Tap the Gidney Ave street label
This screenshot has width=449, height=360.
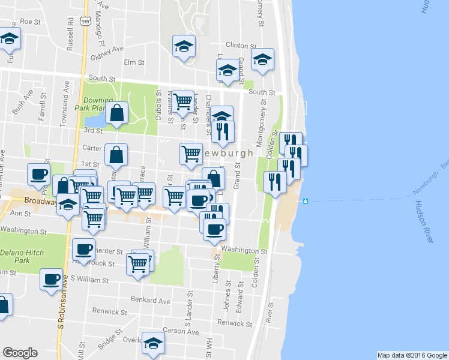(106, 49)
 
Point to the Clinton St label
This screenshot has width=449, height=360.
(241, 45)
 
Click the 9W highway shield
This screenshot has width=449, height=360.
(86, 21)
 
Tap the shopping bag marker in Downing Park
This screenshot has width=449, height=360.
(118, 112)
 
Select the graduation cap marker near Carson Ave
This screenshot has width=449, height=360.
(152, 343)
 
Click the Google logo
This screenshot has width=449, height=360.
(20, 353)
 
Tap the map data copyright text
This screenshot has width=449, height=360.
(412, 355)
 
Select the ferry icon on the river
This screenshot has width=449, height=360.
(306, 201)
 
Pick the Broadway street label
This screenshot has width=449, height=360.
(40, 201)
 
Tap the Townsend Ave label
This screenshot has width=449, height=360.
(62, 107)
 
